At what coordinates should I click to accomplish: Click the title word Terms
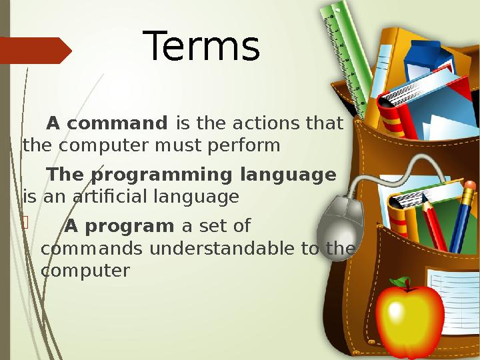coord(202,47)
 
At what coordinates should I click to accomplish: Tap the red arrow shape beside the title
coord(35,51)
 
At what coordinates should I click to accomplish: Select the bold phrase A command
coord(106,124)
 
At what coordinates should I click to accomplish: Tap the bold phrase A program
coord(119,227)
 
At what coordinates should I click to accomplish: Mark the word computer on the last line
coord(85,271)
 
